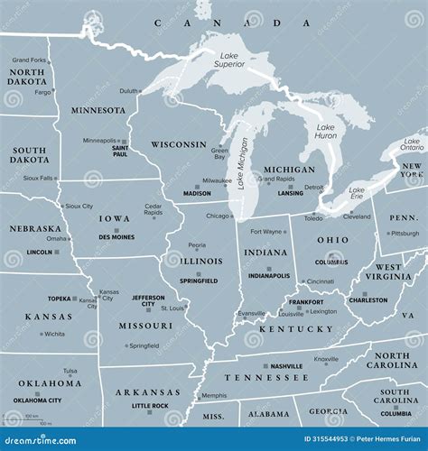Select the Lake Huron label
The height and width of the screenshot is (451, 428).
[x=326, y=133]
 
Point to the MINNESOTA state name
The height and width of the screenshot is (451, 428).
[x=98, y=110]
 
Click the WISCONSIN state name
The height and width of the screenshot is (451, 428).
[x=179, y=144]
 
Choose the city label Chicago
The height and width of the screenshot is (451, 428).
[x=217, y=216]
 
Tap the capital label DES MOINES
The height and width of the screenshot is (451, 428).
[x=117, y=236]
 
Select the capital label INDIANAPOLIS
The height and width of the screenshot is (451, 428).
[x=269, y=275]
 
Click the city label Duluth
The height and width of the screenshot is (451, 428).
[x=128, y=91]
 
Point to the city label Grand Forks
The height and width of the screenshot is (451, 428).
[x=28, y=60]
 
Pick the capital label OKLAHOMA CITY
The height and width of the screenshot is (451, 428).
[x=37, y=400]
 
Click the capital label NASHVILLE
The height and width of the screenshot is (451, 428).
[x=286, y=366]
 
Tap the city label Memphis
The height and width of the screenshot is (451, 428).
[x=214, y=395]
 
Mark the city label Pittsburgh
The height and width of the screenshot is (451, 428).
[x=405, y=234]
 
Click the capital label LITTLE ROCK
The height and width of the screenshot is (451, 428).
[x=150, y=406]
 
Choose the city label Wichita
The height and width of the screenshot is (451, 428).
[x=54, y=334]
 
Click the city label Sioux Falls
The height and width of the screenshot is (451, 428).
[x=38, y=179]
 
